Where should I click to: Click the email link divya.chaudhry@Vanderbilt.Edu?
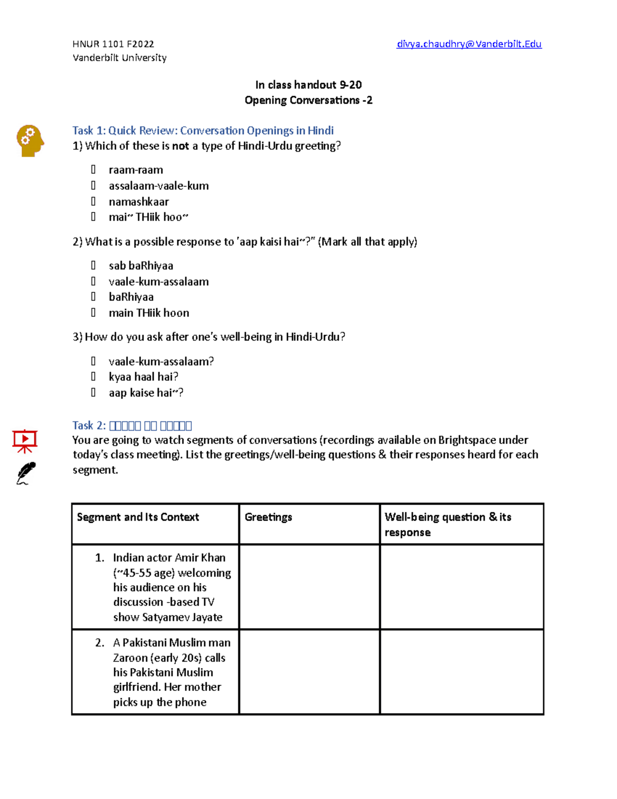point(469,44)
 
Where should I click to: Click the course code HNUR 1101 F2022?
point(113,44)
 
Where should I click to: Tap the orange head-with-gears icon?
point(30,140)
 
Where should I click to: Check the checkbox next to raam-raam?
point(93,169)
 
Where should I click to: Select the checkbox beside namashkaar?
point(93,201)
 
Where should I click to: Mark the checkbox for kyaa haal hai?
point(93,377)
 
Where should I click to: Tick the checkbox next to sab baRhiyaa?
point(93,265)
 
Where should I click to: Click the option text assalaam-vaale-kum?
point(158,186)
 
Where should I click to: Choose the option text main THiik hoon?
point(149,313)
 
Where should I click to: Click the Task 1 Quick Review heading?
point(203,131)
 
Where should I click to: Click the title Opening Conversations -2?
point(308,100)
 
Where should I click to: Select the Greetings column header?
point(268,517)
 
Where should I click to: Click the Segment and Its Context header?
point(138,517)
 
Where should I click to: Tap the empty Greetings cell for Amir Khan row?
point(310,587)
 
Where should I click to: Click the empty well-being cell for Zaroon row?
point(461,671)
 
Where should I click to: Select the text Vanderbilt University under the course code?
point(119,58)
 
